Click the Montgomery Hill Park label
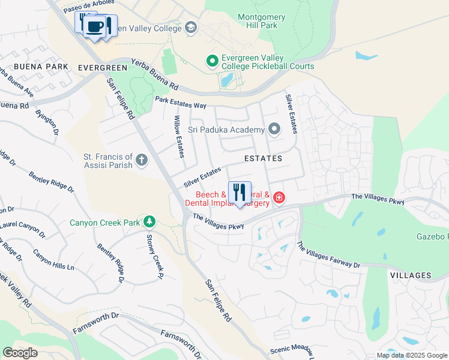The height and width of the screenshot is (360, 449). [x=266, y=22]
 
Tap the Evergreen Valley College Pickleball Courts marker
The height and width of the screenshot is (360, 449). [x=212, y=61]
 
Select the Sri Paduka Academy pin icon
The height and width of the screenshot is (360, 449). [x=274, y=129]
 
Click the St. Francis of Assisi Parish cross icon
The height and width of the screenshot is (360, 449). [x=142, y=160]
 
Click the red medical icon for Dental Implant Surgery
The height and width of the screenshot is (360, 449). [x=279, y=197]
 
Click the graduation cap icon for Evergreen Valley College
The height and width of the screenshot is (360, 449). [x=191, y=28]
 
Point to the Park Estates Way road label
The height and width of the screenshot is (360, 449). [x=180, y=103]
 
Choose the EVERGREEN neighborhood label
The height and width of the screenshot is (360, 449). [x=104, y=68]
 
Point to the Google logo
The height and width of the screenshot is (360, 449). [x=20, y=353]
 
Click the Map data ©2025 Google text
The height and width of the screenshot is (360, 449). [x=411, y=355]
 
